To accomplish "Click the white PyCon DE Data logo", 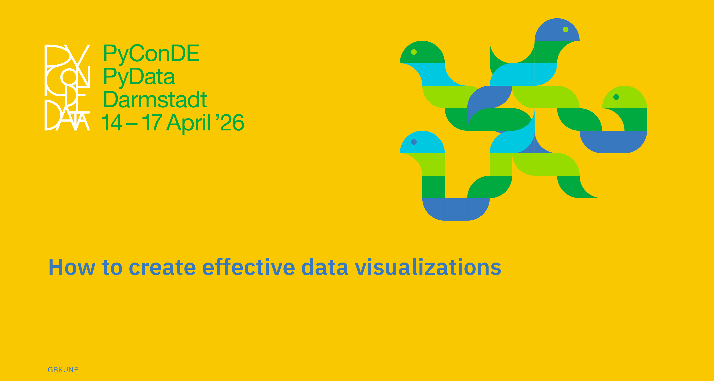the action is (67, 87).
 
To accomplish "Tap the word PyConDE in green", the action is (151, 54).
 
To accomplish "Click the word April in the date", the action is (189, 123).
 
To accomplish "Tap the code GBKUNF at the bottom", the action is (63, 370).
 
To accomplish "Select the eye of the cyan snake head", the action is (414, 142).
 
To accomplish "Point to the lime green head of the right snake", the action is (625, 97).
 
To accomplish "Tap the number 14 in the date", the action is (112, 122).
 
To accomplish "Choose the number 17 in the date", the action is (152, 122).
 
